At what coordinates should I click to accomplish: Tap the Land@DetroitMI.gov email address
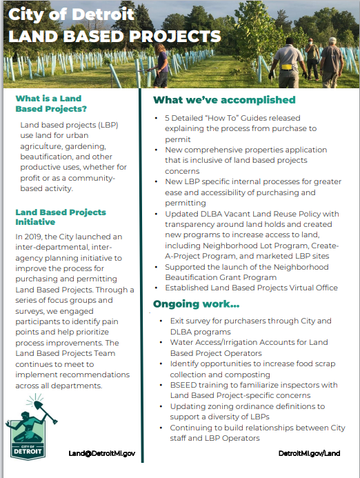(101, 453)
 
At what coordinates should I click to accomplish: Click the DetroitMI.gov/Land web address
(309, 453)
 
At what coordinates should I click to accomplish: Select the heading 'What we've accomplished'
(223, 100)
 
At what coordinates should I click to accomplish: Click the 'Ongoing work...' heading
(197, 303)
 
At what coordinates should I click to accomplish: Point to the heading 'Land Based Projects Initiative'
(60, 217)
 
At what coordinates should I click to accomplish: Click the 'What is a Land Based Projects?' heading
(52, 103)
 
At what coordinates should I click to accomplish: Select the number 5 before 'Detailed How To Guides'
(167, 118)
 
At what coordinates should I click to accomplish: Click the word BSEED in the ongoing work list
(184, 385)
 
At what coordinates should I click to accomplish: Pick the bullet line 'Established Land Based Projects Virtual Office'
(251, 288)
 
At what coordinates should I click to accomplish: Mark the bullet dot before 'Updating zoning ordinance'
(161, 407)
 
